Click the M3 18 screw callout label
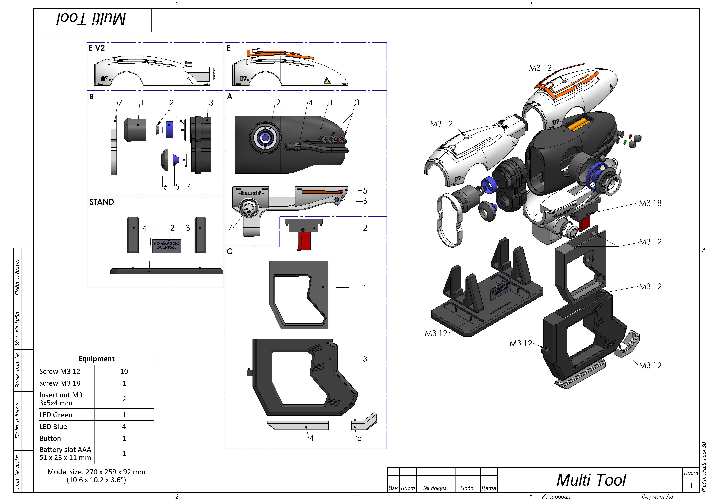[650, 203]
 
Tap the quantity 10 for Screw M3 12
[124, 371]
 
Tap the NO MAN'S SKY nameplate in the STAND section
[167, 246]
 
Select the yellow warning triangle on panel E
[327, 81]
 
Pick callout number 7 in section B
[120, 103]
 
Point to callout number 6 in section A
[365, 201]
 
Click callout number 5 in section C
[360, 438]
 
